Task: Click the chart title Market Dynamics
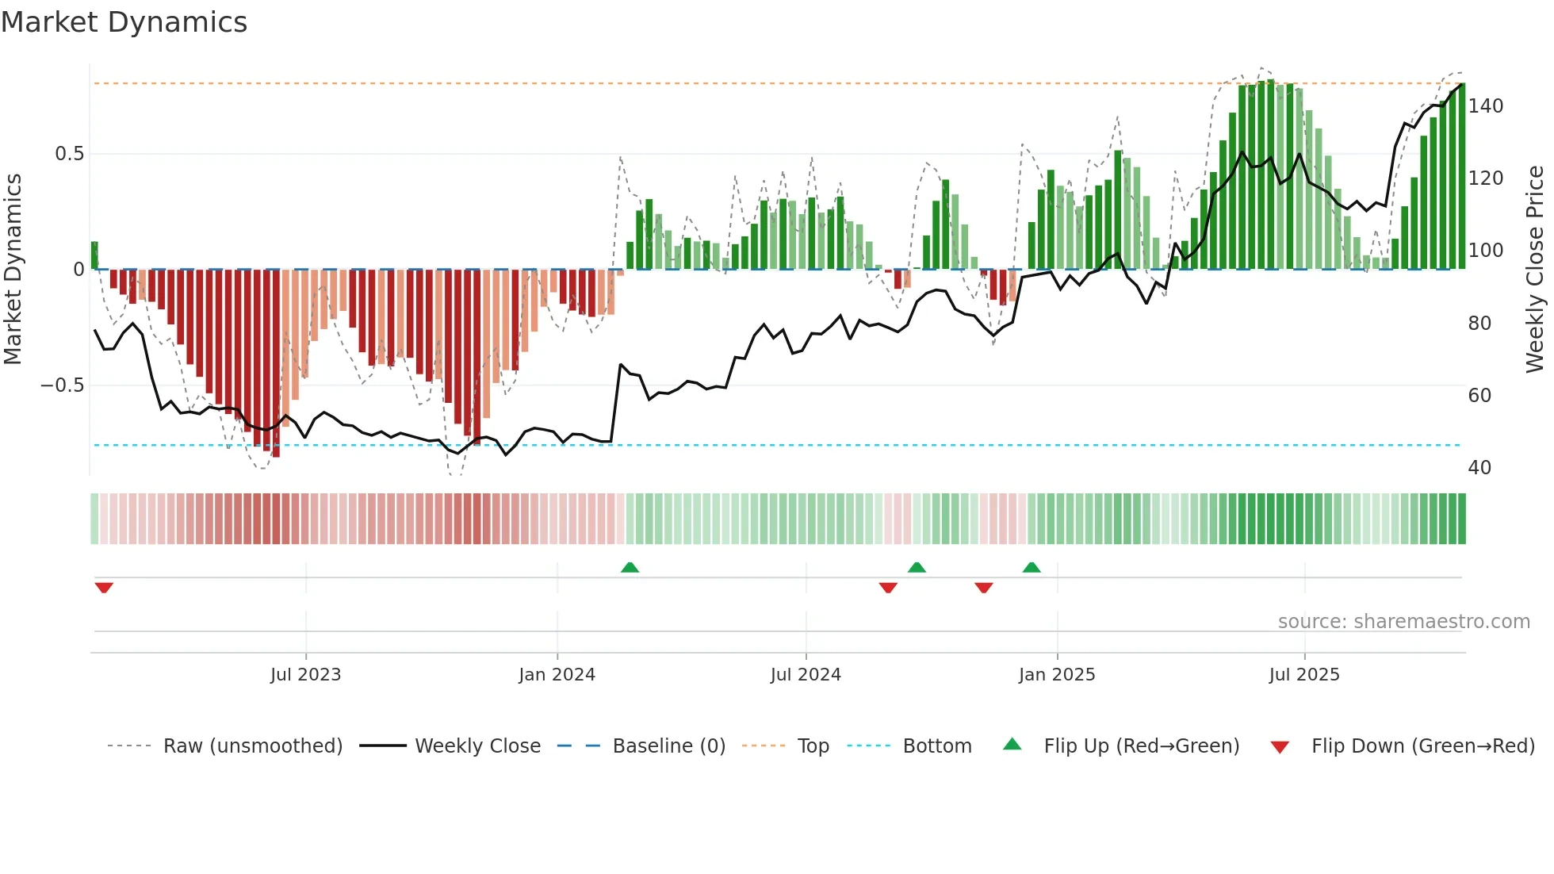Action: [124, 22]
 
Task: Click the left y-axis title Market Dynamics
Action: [13, 269]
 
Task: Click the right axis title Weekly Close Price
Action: [1535, 269]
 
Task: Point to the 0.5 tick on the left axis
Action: [69, 154]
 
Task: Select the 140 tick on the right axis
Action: [1485, 106]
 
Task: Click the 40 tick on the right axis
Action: [1479, 468]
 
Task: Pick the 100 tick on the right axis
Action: [1485, 251]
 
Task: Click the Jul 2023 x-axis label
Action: [305, 675]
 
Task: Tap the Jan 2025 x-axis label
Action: [1056, 675]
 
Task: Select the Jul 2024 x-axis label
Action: [805, 675]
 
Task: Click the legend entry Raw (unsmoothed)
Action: [252, 746]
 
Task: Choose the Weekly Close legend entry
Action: [477, 746]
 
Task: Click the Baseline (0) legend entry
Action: [668, 746]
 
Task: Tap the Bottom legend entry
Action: [936, 746]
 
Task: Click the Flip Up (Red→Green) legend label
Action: [1141, 746]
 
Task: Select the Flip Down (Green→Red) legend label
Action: [1422, 746]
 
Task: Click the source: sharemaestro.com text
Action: [1403, 622]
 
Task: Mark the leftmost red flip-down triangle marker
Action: [104, 588]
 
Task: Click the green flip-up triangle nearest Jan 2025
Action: [1032, 568]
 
